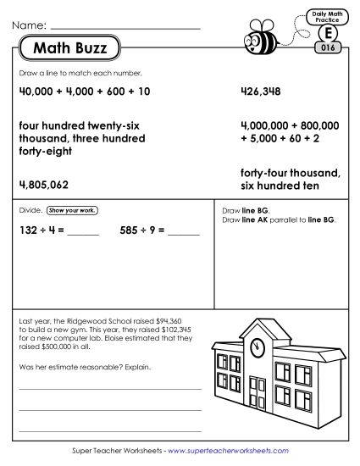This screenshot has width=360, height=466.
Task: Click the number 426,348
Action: [x=263, y=92]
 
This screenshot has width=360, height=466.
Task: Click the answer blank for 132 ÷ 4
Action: [x=82, y=230]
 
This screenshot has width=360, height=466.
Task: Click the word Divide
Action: [x=30, y=208]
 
